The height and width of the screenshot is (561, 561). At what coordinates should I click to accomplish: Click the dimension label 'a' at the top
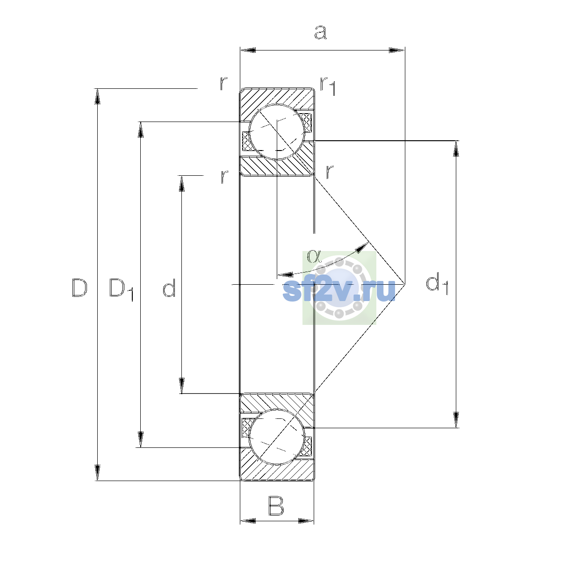[321, 32]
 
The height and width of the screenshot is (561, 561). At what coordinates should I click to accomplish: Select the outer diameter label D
[79, 288]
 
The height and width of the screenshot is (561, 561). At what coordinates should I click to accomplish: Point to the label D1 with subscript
[121, 290]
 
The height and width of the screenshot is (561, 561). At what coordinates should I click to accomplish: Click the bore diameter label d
[169, 288]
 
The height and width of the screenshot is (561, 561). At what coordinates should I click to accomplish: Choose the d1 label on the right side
[437, 283]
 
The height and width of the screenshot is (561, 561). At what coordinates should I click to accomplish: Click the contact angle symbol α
[314, 256]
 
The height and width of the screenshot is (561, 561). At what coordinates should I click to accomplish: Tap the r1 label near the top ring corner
[328, 86]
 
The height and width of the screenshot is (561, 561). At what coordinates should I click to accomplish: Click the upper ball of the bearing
[277, 132]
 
